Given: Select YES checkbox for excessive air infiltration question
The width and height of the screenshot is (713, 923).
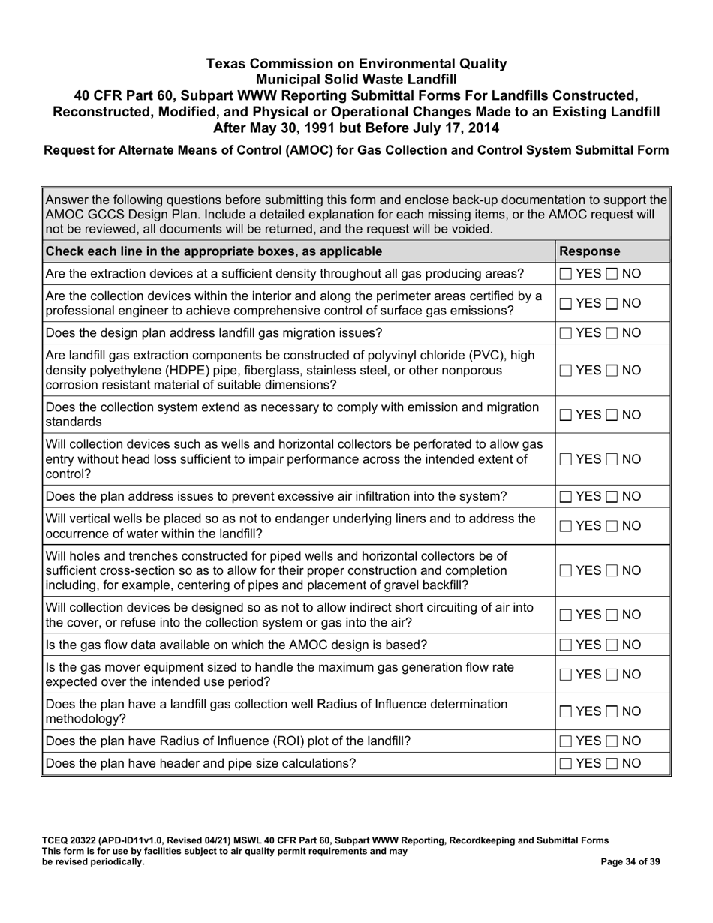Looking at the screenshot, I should (567, 497).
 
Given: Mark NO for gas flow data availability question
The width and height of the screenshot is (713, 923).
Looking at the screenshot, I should (612, 645).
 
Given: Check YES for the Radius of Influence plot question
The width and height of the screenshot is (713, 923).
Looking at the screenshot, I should (567, 741).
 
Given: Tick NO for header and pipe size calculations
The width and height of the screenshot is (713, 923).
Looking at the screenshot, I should (612, 764).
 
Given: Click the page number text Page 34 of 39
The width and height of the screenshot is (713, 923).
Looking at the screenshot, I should (630, 862).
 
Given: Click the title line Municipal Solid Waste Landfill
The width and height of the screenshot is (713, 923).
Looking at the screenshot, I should (356, 79).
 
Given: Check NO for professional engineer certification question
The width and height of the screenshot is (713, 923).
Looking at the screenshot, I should (612, 303).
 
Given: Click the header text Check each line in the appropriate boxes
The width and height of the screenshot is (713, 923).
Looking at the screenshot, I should (214, 251).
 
